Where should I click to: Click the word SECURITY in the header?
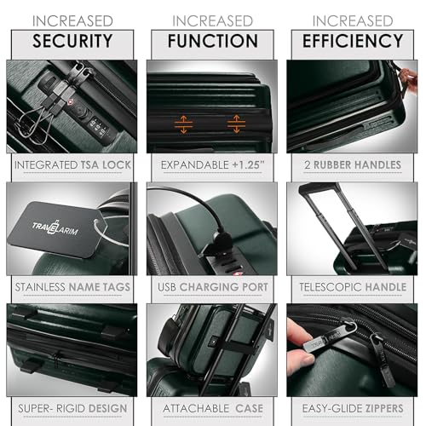pyautogui.click(x=72, y=40)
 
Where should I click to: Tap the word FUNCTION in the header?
pyautogui.click(x=212, y=40)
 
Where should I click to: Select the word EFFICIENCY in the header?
pyautogui.click(x=352, y=40)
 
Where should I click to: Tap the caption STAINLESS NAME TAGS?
pyautogui.click(x=72, y=287)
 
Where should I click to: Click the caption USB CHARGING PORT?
pyautogui.click(x=212, y=287)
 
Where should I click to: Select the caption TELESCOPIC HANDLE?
pyautogui.click(x=352, y=287)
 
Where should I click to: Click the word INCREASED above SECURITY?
pyautogui.click(x=72, y=20)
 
